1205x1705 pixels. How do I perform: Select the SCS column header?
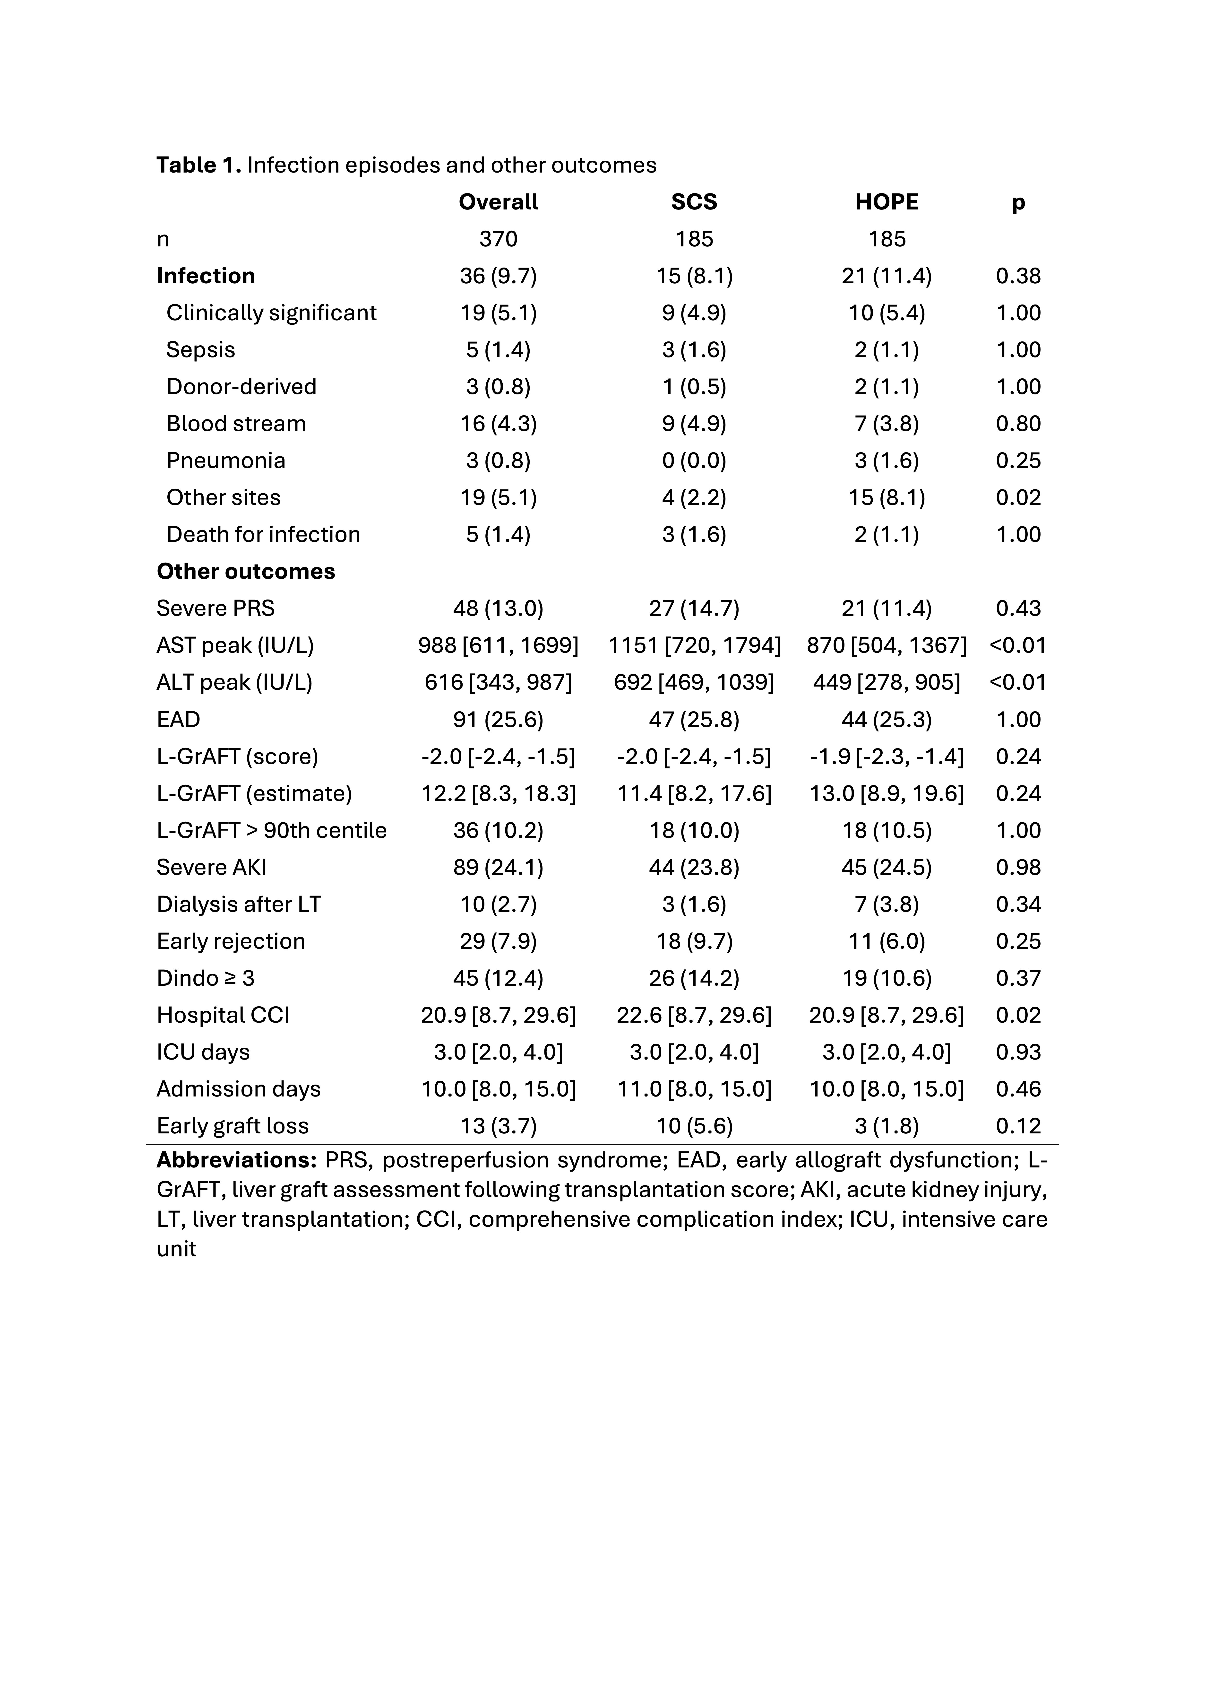[x=694, y=202]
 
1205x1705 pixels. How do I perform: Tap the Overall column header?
[x=498, y=202]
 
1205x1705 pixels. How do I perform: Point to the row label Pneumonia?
[x=226, y=461]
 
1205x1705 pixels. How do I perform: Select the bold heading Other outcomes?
[x=246, y=571]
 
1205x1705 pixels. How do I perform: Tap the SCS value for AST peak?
[x=694, y=645]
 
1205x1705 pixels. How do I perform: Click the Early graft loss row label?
[x=232, y=1126]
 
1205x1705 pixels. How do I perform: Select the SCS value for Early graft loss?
[x=694, y=1126]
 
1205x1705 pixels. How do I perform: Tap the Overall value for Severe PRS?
[x=498, y=608]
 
